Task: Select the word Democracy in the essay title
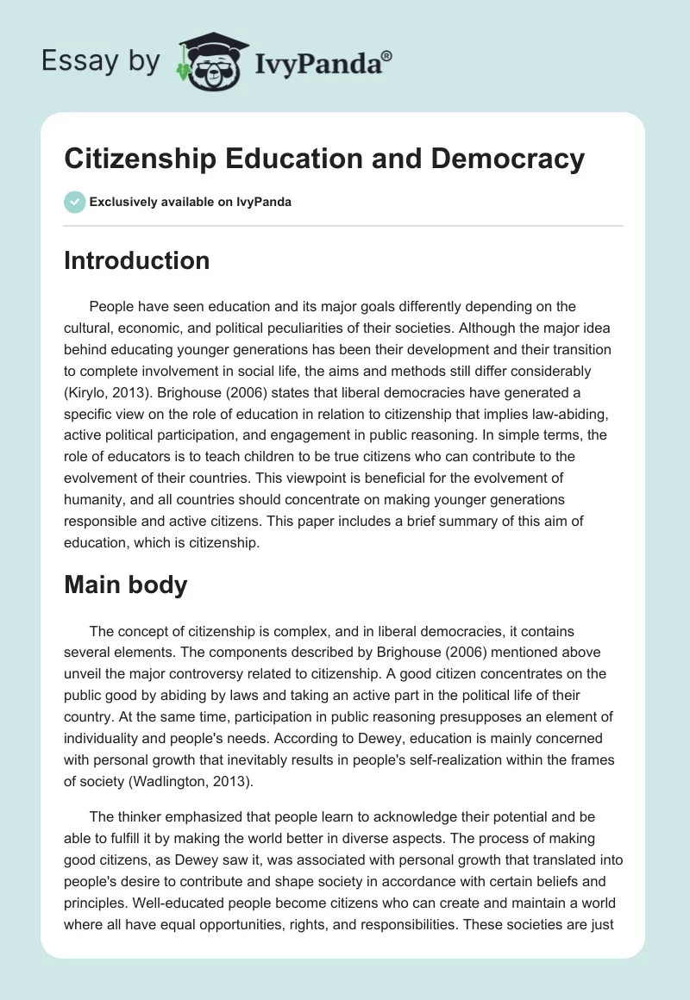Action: click(504, 159)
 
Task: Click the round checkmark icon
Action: click(74, 202)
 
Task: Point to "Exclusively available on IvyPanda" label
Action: click(190, 202)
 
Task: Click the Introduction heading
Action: click(136, 260)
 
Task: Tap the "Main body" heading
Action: click(125, 585)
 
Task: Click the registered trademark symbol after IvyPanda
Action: click(387, 55)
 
